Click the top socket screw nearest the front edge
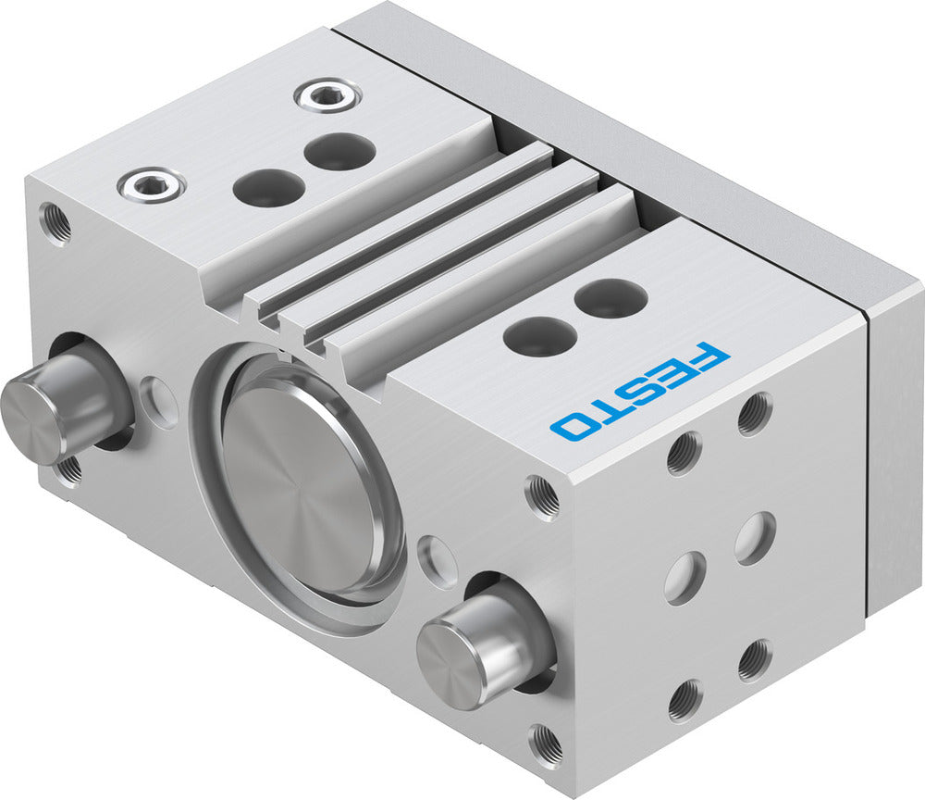click(x=151, y=184)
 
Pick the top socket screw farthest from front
click(x=327, y=94)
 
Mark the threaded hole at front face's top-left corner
click(x=55, y=223)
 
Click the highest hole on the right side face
click(x=755, y=414)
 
